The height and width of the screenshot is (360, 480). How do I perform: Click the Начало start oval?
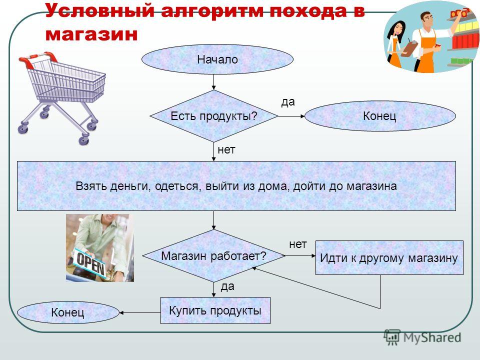tap(217, 59)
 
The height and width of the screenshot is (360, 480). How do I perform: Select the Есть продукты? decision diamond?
tap(213, 116)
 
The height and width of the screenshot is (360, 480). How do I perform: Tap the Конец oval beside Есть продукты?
tap(380, 116)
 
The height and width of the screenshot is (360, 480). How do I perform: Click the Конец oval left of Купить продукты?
tap(68, 312)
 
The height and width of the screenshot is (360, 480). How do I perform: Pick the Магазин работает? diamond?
tap(213, 255)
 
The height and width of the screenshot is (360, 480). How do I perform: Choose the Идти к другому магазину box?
tap(389, 258)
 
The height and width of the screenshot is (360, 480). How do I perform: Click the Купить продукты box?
tap(215, 310)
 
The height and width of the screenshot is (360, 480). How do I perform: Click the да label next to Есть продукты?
tap(288, 101)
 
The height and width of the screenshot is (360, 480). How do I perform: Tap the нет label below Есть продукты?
tap(226, 149)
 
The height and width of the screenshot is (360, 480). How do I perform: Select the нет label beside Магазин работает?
tap(298, 244)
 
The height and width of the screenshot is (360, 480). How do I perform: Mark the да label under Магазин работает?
tap(228, 286)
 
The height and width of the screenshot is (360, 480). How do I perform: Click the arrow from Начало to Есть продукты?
tap(213, 82)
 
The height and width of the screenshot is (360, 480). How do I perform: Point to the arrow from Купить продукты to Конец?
tap(140, 313)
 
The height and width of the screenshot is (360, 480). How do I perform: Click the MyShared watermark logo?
tap(423, 337)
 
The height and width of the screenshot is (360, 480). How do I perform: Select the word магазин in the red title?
tap(91, 34)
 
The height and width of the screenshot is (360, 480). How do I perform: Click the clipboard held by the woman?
tap(409, 48)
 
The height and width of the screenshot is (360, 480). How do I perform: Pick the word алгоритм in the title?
tap(212, 11)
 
